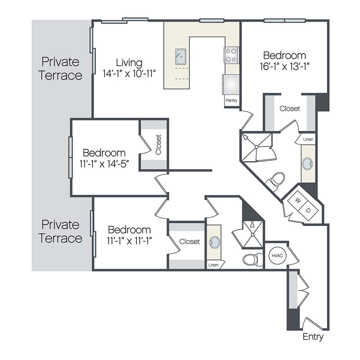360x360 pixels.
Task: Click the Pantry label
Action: point(232,100)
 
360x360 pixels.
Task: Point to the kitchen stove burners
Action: point(232,55)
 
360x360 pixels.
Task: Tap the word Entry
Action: point(313,337)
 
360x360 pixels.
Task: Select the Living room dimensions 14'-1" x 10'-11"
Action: point(129,74)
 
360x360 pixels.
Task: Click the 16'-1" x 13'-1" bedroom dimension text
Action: point(284,66)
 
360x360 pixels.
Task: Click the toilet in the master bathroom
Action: point(276,181)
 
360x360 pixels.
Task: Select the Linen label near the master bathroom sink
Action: point(308,139)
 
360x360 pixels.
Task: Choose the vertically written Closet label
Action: point(158,144)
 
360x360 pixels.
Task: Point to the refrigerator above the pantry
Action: point(231,84)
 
